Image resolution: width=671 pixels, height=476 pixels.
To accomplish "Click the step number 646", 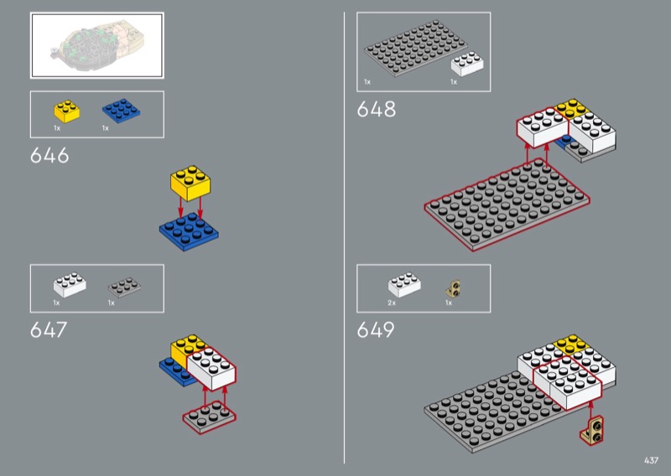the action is [49, 155].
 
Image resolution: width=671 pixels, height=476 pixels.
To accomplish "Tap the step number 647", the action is [49, 329].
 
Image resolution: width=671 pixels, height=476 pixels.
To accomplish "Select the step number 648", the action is [376, 109].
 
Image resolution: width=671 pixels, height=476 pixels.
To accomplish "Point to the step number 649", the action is [375, 329].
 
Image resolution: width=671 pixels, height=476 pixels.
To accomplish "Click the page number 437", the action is [651, 460].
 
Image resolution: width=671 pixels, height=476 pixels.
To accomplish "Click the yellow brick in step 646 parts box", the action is [66, 111].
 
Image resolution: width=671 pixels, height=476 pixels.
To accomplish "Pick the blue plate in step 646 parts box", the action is [121, 111].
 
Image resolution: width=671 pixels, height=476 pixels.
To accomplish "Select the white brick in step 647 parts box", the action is [70, 284].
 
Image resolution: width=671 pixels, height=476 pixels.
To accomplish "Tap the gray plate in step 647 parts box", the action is [124, 287].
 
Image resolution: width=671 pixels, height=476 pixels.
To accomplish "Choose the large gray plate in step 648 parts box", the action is [415, 49].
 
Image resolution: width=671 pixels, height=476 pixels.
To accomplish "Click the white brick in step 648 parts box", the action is [467, 65].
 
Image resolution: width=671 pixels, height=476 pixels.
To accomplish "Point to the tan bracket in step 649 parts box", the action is [453, 288].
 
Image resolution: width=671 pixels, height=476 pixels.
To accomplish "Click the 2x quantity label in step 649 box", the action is [392, 303].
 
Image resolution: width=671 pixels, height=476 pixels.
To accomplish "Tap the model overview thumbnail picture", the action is [97, 45].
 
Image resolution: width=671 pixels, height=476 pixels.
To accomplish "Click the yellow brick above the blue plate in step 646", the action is [190, 183].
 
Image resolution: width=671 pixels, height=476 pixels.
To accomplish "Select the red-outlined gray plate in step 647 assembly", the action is [209, 417].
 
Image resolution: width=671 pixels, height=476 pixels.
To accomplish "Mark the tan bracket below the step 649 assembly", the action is [593, 430].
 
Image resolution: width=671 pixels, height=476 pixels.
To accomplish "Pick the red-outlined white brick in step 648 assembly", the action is [543, 127].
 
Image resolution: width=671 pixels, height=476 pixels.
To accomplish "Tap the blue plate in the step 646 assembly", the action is [189, 232].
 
